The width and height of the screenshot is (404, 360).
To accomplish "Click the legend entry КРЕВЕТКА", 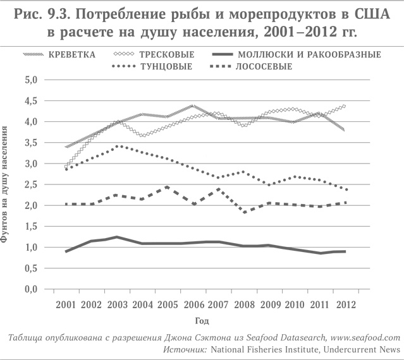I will pyautogui.click(x=72, y=54).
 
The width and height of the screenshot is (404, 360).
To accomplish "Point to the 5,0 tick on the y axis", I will pyautogui.click(x=32, y=80).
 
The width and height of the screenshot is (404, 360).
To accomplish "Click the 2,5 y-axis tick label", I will pyautogui.click(x=32, y=184).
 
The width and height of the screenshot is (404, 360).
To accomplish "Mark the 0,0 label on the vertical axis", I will pyautogui.click(x=32, y=289).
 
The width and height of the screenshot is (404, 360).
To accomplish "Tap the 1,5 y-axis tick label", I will pyautogui.click(x=32, y=226).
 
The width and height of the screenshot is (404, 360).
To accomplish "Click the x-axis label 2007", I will pyautogui.click(x=218, y=304).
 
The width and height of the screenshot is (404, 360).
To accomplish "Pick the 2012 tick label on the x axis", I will pyautogui.click(x=346, y=304).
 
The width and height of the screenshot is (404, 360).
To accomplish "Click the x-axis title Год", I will pyautogui.click(x=202, y=321).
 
